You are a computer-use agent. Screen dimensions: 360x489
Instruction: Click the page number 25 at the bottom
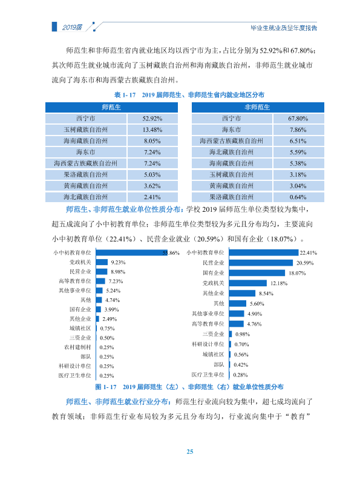point(190,451)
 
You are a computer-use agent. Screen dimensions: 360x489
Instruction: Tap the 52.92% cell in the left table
point(152,119)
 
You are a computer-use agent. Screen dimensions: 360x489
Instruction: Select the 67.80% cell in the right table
point(298,119)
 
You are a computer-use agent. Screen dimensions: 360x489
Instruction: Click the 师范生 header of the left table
point(111,107)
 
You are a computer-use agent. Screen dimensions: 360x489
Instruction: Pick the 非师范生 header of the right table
point(258,107)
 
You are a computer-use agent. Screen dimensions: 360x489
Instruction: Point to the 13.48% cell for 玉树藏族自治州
point(152,130)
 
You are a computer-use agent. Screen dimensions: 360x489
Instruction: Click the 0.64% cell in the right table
point(298,197)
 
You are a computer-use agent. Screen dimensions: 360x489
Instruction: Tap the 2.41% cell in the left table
point(152,197)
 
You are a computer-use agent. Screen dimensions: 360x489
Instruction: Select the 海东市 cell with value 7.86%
point(232,130)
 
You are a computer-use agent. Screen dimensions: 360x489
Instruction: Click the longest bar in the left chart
point(131,252)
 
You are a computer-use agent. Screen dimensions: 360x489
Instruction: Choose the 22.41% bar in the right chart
point(264,252)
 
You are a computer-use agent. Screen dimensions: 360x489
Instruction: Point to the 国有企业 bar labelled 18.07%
point(257,273)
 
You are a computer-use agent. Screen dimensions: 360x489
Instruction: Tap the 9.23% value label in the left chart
point(118,262)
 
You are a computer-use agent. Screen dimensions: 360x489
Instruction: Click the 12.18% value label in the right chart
point(279,283)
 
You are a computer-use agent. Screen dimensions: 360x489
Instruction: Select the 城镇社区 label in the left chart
point(80,329)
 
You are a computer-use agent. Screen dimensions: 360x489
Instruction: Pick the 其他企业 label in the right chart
point(214,293)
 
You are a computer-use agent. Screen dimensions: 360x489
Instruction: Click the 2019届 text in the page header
point(73,27)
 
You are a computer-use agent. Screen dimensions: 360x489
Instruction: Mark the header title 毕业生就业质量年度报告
point(284,28)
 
